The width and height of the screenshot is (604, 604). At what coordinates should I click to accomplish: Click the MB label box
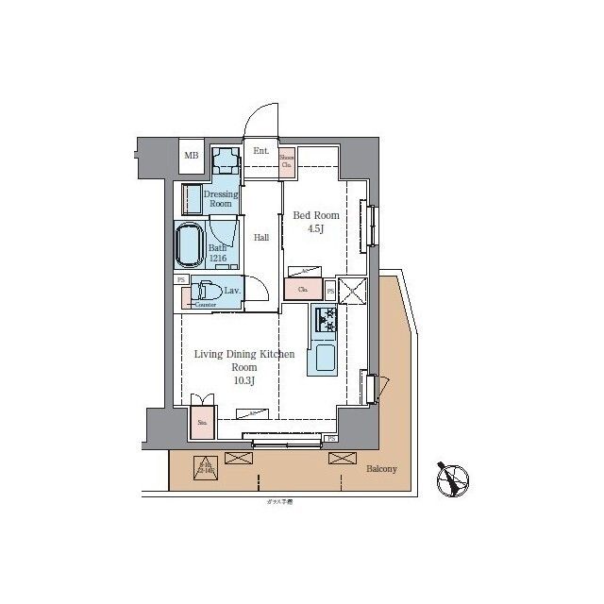(x=192, y=156)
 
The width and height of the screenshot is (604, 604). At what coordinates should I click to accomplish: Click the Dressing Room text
(x=221, y=198)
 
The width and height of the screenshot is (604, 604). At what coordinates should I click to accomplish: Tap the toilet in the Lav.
(x=208, y=292)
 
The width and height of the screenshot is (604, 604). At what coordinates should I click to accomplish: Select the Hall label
(x=261, y=237)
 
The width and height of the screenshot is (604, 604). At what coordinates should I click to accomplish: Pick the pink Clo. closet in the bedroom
(x=303, y=290)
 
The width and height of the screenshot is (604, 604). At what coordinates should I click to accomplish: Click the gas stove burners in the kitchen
(x=326, y=321)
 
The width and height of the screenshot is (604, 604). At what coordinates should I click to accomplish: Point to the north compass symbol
(x=454, y=479)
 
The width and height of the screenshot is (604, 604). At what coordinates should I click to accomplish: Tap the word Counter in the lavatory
(x=205, y=305)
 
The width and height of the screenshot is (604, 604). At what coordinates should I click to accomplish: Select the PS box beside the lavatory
(x=179, y=279)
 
